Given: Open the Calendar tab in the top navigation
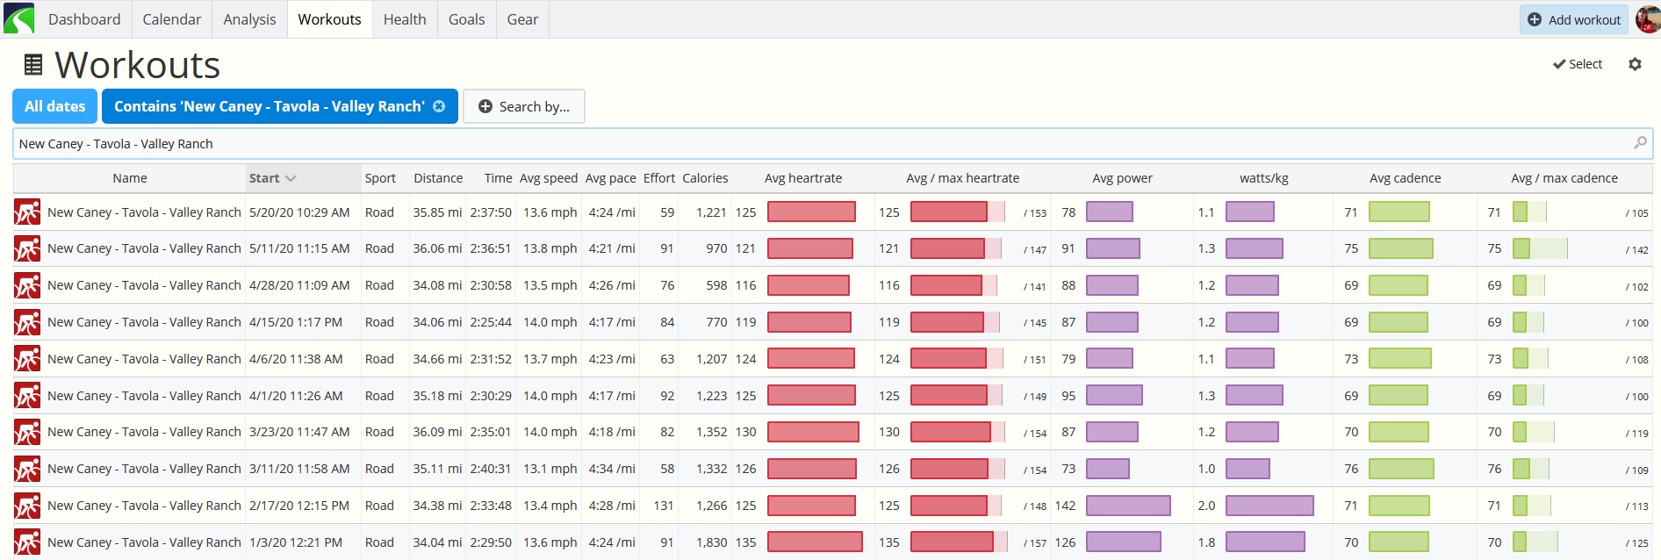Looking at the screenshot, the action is pyautogui.click(x=171, y=19).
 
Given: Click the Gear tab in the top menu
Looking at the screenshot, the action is pyautogui.click(x=522, y=19).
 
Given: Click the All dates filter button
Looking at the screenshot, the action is pyautogui.click(x=55, y=106).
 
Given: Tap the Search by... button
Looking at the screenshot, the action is pyautogui.click(x=524, y=106).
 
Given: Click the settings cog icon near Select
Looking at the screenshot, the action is pyautogui.click(x=1635, y=64).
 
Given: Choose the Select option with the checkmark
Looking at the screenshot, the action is pyautogui.click(x=1578, y=64).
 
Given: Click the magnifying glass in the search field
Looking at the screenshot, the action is pyautogui.click(x=1640, y=142).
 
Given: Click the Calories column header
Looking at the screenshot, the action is pyautogui.click(x=705, y=178).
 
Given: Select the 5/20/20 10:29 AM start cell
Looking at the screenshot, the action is pyautogui.click(x=299, y=212).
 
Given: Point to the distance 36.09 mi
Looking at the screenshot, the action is pyautogui.click(x=437, y=432).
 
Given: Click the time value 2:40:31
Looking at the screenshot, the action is pyautogui.click(x=491, y=469).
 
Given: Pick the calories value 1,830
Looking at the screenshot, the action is pyautogui.click(x=712, y=542).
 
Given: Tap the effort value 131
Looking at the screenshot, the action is pyautogui.click(x=664, y=506).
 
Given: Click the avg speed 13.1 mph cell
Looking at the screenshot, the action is pyautogui.click(x=550, y=469).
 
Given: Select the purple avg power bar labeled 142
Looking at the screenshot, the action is pyautogui.click(x=1128, y=506).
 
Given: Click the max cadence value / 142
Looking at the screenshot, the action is pyautogui.click(x=1636, y=250).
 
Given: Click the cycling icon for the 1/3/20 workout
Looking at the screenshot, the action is pyautogui.click(x=27, y=542).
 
